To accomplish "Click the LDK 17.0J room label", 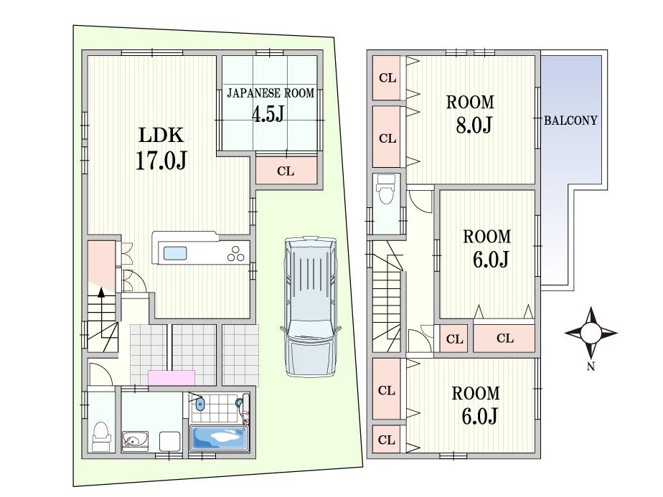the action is (x=161, y=148).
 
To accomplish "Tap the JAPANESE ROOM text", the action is (x=271, y=93).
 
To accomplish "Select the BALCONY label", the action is (x=570, y=121).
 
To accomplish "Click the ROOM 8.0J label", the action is (x=470, y=114).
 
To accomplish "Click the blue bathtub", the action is (x=219, y=437).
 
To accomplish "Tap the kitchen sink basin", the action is (x=175, y=253).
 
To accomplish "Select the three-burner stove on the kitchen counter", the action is (x=236, y=254).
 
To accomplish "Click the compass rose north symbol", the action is (x=591, y=333).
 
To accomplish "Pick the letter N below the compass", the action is (x=591, y=367).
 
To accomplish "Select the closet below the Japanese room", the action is (x=286, y=171).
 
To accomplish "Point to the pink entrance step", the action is (x=171, y=378).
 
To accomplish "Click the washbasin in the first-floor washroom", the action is (x=134, y=441).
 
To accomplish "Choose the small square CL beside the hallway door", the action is (x=454, y=339).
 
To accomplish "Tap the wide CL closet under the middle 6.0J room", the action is (x=504, y=338).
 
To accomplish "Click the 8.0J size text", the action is (x=474, y=125).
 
